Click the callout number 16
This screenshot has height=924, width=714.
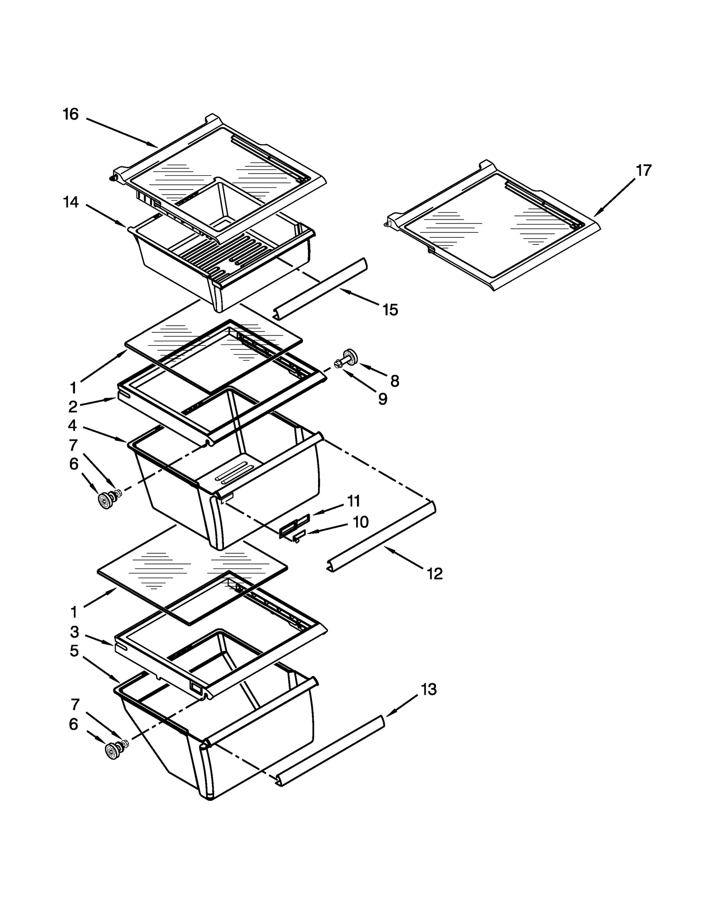pyautogui.click(x=71, y=115)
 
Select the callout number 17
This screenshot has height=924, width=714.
pyautogui.click(x=643, y=170)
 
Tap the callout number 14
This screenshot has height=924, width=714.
pyautogui.click(x=71, y=203)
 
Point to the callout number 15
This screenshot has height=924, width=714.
pyautogui.click(x=390, y=310)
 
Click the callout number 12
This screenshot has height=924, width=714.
pyautogui.click(x=434, y=574)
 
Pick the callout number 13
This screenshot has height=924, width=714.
pyautogui.click(x=428, y=689)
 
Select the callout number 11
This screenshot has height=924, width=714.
pyautogui.click(x=354, y=501)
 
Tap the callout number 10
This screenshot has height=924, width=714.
pyautogui.click(x=361, y=522)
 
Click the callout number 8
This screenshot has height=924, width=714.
pyautogui.click(x=394, y=381)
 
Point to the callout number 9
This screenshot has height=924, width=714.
pyautogui.click(x=382, y=399)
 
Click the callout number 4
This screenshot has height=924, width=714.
pyautogui.click(x=72, y=426)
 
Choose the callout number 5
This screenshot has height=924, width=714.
pyautogui.click(x=74, y=651)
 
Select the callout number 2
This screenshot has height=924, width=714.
pyautogui.click(x=73, y=406)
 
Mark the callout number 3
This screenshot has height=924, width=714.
pyautogui.click(x=75, y=632)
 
